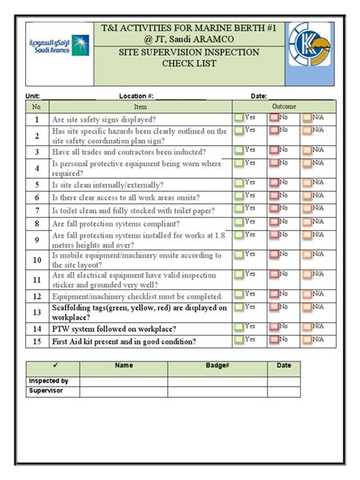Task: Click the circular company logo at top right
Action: click(310, 53)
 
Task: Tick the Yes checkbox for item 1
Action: click(239, 118)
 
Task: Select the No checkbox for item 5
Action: click(273, 182)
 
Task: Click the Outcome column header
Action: click(284, 106)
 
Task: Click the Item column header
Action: click(140, 107)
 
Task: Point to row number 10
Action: click(36, 260)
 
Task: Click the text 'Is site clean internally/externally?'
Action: click(107, 185)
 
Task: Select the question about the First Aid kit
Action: click(124, 342)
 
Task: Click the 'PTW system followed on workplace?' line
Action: click(114, 329)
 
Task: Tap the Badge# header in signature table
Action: click(216, 365)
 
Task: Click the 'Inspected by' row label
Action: click(49, 381)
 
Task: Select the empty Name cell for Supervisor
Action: click(124, 391)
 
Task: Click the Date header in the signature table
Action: click(283, 365)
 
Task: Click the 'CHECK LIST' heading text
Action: click(190, 64)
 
